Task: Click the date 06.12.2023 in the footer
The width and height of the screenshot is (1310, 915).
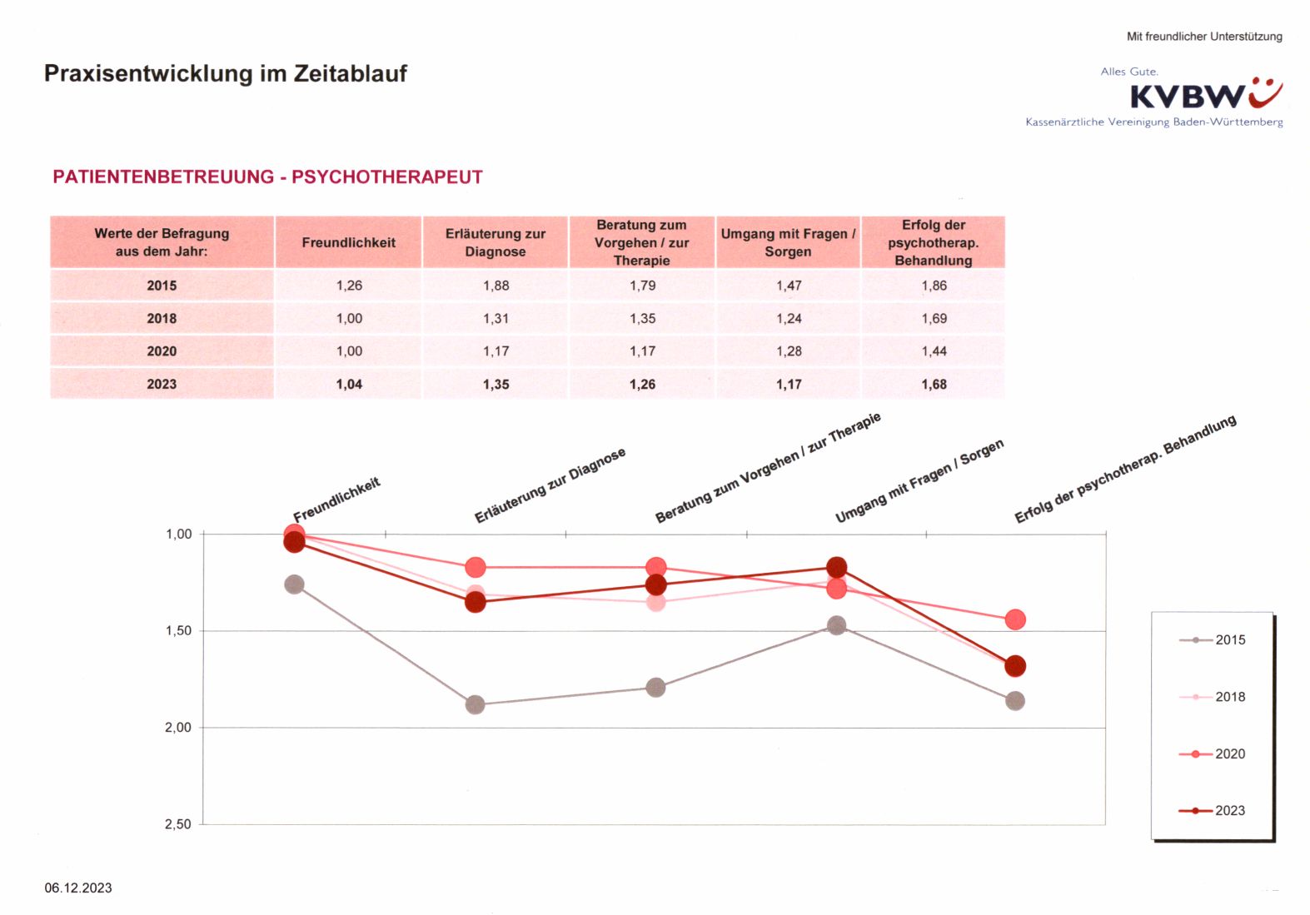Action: point(78,888)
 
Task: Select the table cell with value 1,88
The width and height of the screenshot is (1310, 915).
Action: point(496,286)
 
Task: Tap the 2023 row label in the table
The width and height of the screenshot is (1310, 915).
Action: point(162,384)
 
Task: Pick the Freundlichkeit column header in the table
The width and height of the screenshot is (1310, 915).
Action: point(348,242)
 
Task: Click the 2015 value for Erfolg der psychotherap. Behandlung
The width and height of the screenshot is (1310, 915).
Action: point(934,286)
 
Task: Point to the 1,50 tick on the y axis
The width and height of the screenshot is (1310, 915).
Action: point(178,630)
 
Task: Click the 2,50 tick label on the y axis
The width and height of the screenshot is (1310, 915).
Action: point(178,823)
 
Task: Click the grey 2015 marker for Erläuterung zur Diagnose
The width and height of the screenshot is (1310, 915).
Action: point(475,704)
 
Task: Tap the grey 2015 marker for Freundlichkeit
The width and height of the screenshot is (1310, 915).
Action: point(294,584)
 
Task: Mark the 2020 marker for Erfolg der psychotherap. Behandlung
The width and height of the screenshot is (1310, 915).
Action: point(1014,619)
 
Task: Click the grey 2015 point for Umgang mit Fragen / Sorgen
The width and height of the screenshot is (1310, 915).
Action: point(837,625)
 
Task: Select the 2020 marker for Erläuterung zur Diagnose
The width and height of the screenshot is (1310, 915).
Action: point(475,568)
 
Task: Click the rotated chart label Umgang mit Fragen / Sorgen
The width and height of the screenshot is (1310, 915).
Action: point(919,482)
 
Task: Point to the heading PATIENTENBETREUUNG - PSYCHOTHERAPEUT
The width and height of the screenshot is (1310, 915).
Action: point(267,177)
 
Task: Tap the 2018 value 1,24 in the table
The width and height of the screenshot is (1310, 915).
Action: point(789,318)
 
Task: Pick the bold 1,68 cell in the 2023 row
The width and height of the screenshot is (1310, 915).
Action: point(934,384)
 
